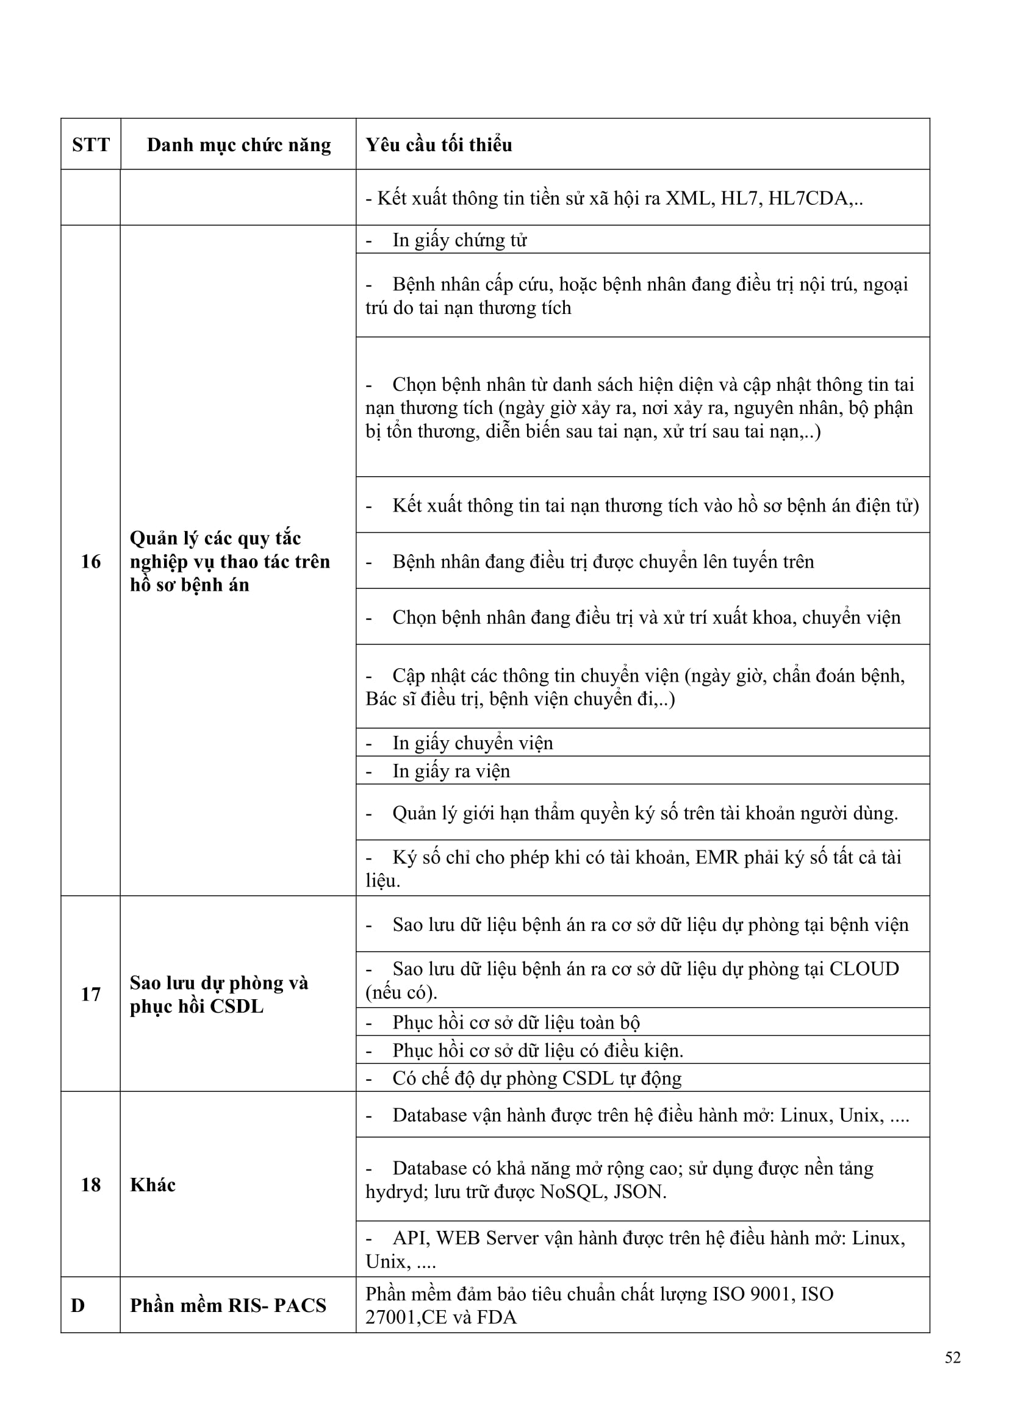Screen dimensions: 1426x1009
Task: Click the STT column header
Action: [91, 144]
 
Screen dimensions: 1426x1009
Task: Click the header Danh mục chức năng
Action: [239, 144]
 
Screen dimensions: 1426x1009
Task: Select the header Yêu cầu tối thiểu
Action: [439, 144]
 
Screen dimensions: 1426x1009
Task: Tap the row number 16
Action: [91, 561]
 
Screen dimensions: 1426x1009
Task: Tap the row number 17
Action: [91, 994]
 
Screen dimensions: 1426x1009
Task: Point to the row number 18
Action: [91, 1185]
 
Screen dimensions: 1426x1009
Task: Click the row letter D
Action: [77, 1305]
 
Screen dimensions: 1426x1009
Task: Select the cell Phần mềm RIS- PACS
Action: [228, 1305]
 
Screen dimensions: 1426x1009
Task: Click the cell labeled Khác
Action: [153, 1185]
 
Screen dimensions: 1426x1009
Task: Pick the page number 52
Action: [952, 1357]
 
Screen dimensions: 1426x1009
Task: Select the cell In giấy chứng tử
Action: [459, 240]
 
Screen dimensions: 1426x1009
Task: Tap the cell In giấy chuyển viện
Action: [472, 743]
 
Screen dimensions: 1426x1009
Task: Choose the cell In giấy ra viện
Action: [451, 771]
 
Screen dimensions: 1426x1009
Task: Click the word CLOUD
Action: [864, 969]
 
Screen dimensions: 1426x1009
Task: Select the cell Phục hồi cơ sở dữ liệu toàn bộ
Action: [515, 1022]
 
